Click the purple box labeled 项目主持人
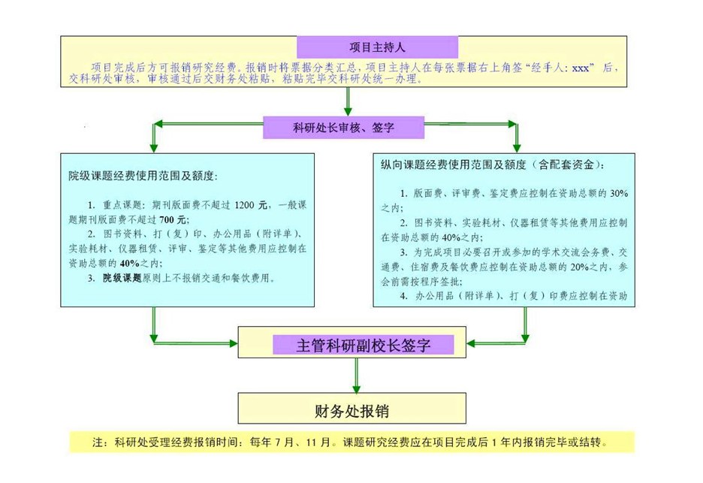(x=377, y=47)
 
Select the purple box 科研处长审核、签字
(x=343, y=128)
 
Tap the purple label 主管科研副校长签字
(x=364, y=345)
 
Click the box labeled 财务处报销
(x=352, y=408)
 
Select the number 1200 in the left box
(x=244, y=205)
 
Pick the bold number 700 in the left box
(x=166, y=220)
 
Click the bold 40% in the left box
(x=130, y=263)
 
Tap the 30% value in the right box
(x=619, y=193)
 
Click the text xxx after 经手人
(x=581, y=68)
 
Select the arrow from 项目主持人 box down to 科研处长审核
(x=348, y=102)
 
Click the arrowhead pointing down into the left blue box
(x=154, y=147)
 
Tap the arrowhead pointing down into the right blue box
(x=517, y=147)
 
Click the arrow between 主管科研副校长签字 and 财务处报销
(x=357, y=376)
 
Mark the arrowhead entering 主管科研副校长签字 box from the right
(x=471, y=343)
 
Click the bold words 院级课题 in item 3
(x=122, y=278)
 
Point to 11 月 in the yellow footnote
(x=318, y=442)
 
